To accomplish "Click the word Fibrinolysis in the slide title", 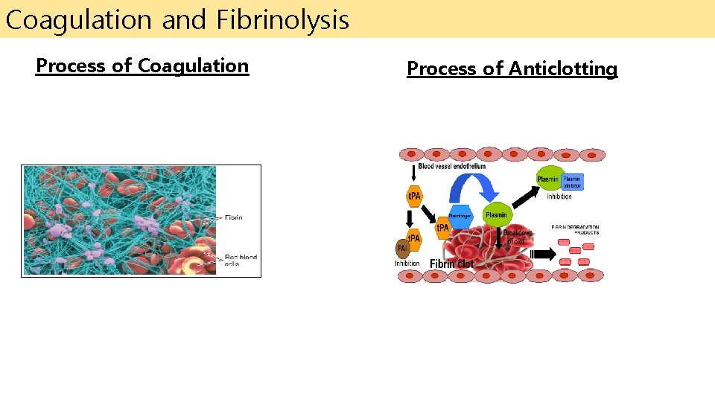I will click(x=283, y=20).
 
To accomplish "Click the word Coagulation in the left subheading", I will click(x=193, y=66).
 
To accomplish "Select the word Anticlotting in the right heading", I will click(x=563, y=69).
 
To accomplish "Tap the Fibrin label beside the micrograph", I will click(x=233, y=218).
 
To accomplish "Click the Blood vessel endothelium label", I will click(x=451, y=166).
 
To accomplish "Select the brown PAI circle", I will click(x=401, y=248).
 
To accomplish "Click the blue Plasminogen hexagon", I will click(x=461, y=215).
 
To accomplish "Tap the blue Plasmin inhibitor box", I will click(x=571, y=182).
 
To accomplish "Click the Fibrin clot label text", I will click(x=451, y=264).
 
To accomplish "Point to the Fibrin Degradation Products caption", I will click(x=575, y=229).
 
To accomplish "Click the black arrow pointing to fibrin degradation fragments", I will click(x=543, y=254).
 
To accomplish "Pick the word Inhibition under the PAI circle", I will click(x=407, y=263).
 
